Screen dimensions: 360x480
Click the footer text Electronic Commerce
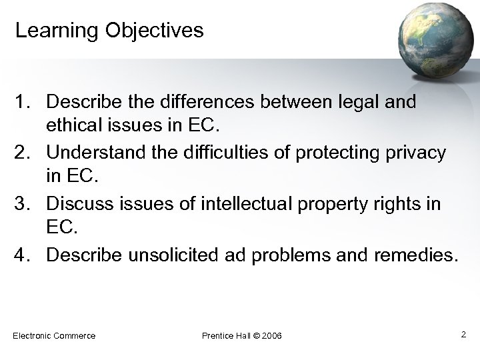(x=54, y=335)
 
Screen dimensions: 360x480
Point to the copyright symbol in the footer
(x=257, y=335)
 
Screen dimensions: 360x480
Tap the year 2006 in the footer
(x=271, y=335)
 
